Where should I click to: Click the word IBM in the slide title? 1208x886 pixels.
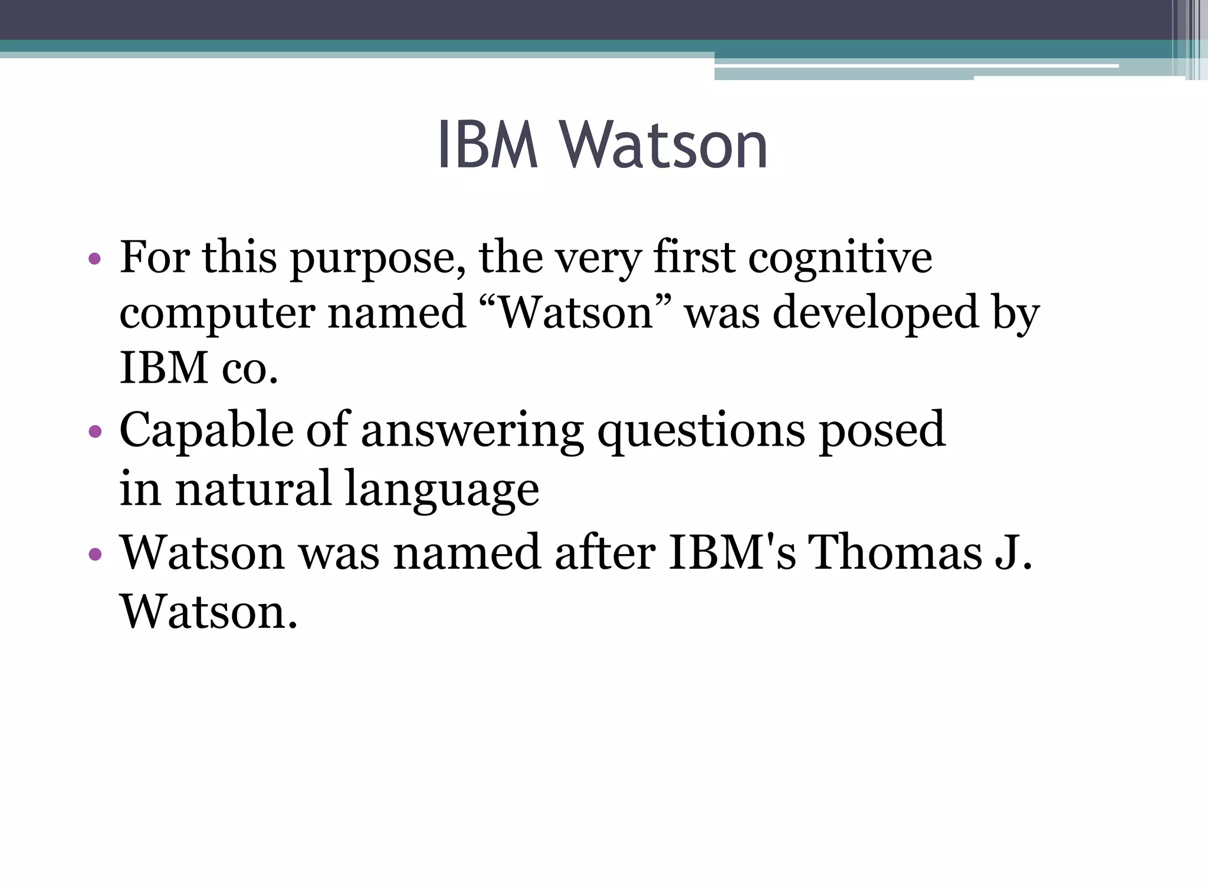pos(488,145)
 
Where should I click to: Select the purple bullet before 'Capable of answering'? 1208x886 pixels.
pos(94,432)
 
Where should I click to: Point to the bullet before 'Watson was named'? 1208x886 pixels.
pos(94,554)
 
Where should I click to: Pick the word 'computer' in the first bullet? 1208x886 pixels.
pos(217,315)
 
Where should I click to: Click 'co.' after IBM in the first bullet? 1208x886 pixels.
pos(250,368)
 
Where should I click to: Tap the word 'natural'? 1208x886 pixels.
pos(253,488)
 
